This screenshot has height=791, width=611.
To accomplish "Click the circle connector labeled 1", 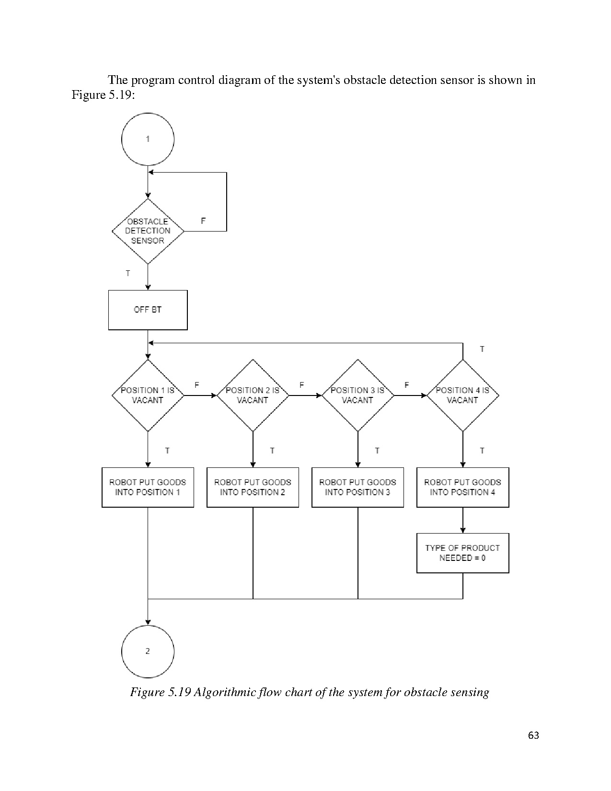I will tap(148, 140).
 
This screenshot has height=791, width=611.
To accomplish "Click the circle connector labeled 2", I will tap(148, 651).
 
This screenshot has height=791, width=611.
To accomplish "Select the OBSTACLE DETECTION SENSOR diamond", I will tap(148, 231).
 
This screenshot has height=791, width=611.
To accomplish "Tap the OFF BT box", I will tap(148, 310).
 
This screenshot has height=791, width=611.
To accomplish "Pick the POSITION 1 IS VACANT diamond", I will tap(148, 395).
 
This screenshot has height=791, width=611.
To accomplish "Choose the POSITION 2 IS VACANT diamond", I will tap(253, 395).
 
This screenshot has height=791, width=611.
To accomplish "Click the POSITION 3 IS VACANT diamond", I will tap(357, 395).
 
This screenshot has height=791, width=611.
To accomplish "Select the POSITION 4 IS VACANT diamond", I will tap(462, 395).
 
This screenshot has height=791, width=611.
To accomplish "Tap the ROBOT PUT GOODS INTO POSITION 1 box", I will tap(148, 487).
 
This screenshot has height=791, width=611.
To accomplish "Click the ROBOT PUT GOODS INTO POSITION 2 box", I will tap(253, 487).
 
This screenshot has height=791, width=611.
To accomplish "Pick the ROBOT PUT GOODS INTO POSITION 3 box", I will tap(357, 487).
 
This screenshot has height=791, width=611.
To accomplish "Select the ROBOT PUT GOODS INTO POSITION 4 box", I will tap(462, 487).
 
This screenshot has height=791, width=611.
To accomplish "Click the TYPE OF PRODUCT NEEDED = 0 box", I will tap(462, 553).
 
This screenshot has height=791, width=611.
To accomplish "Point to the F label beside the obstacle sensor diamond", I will tap(203, 221).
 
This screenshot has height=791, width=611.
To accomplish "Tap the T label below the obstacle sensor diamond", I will tap(128, 273).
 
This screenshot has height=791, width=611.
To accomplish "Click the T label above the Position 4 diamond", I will tap(482, 349).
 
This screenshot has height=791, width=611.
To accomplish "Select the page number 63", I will tap(533, 735).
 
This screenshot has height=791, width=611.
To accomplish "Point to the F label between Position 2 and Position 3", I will tap(302, 385).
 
